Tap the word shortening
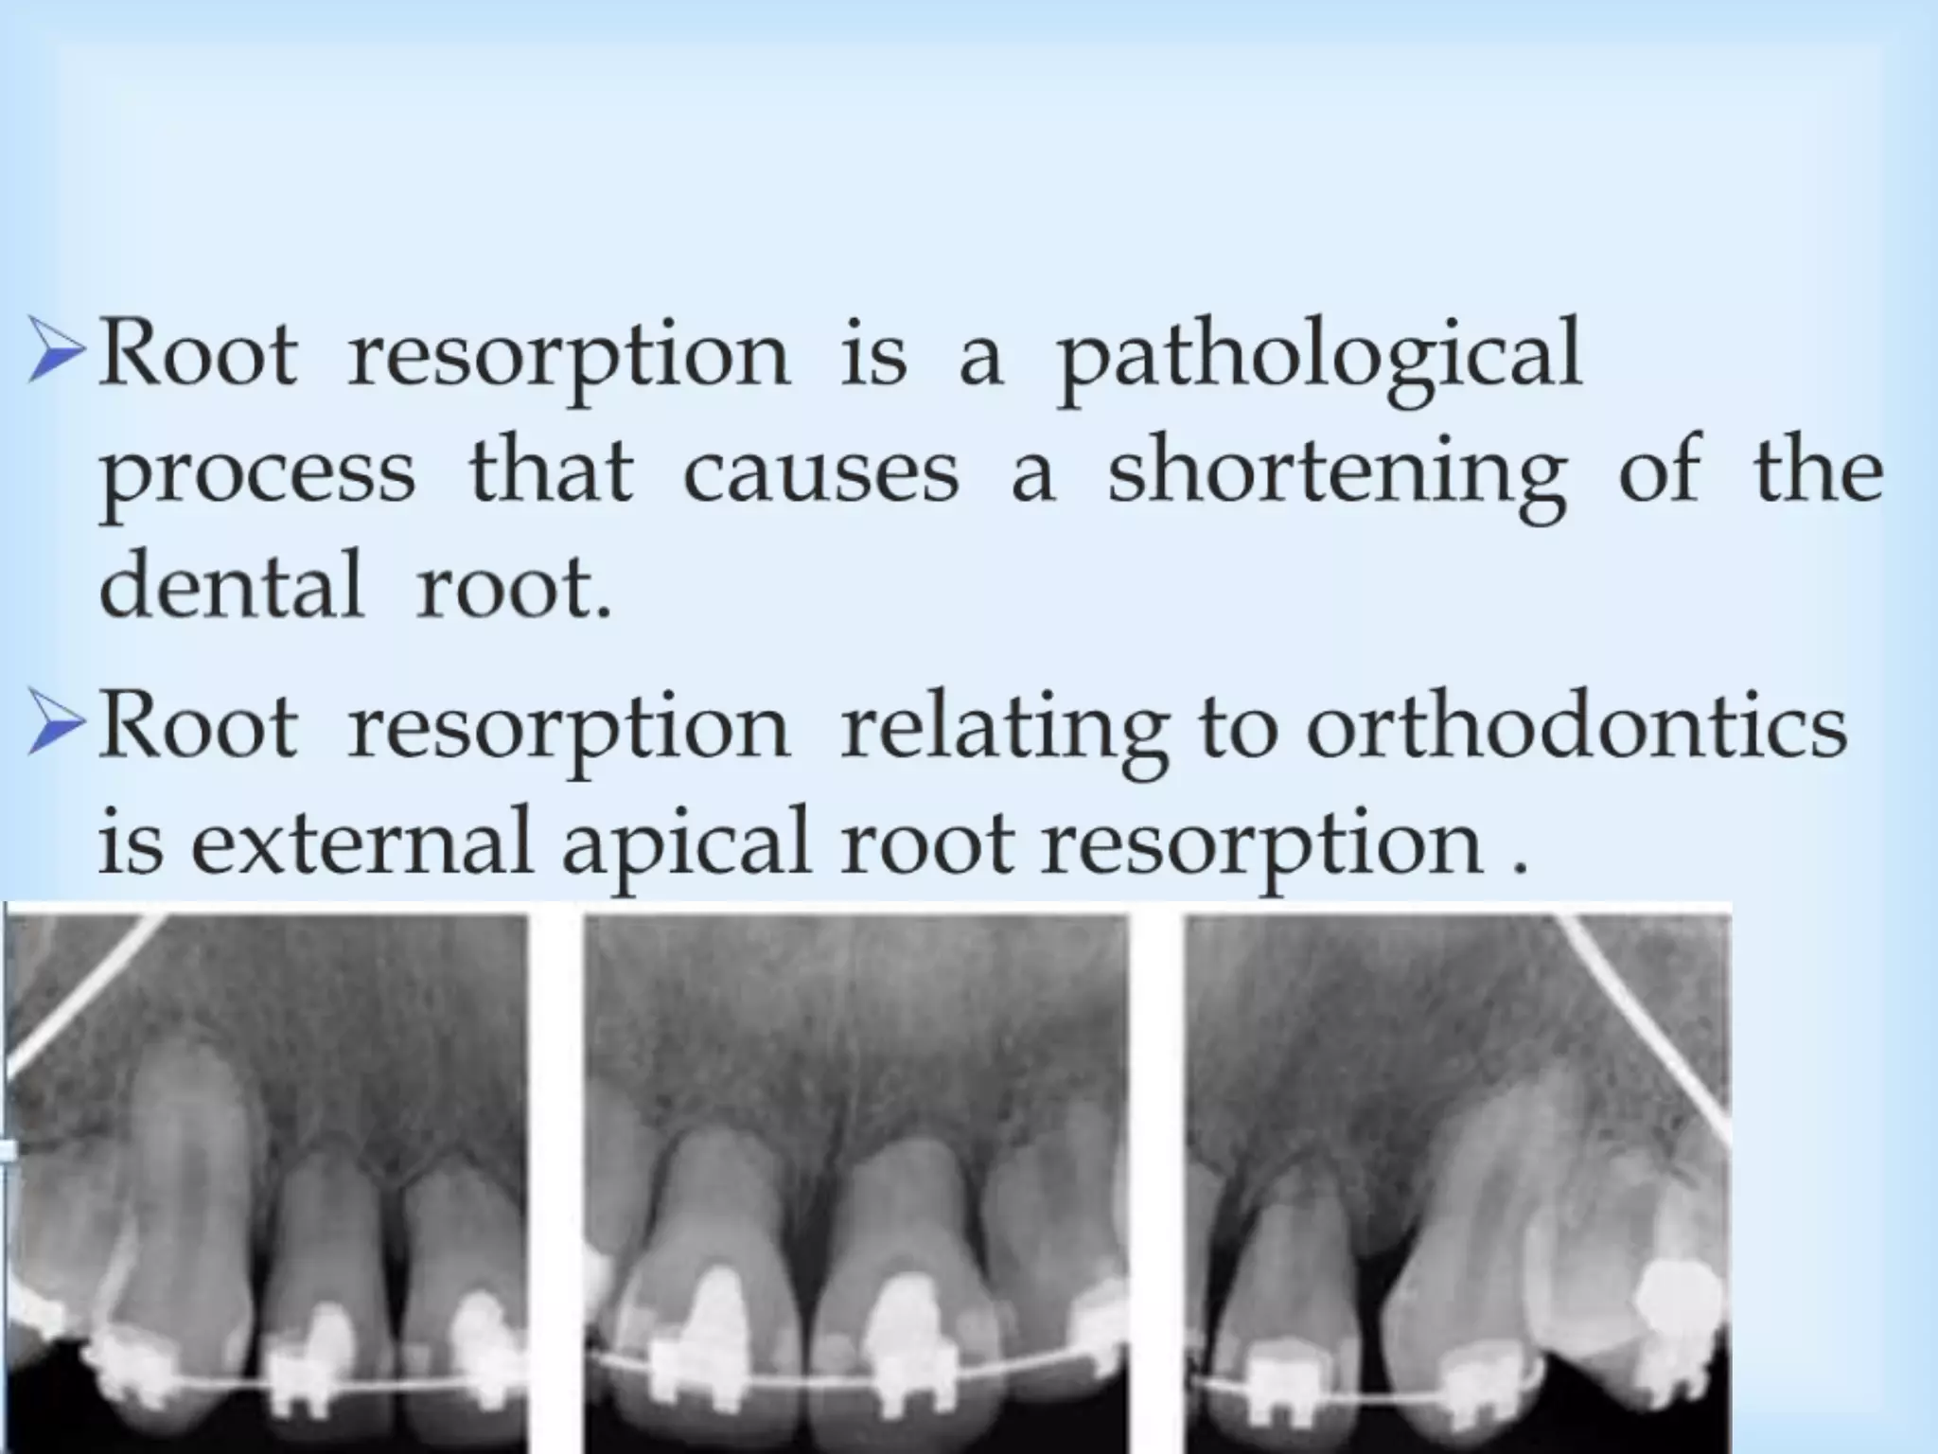[x=1336, y=472]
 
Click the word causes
[x=820, y=473]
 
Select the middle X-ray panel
[x=856, y=1183]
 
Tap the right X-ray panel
[x=1457, y=1183]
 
